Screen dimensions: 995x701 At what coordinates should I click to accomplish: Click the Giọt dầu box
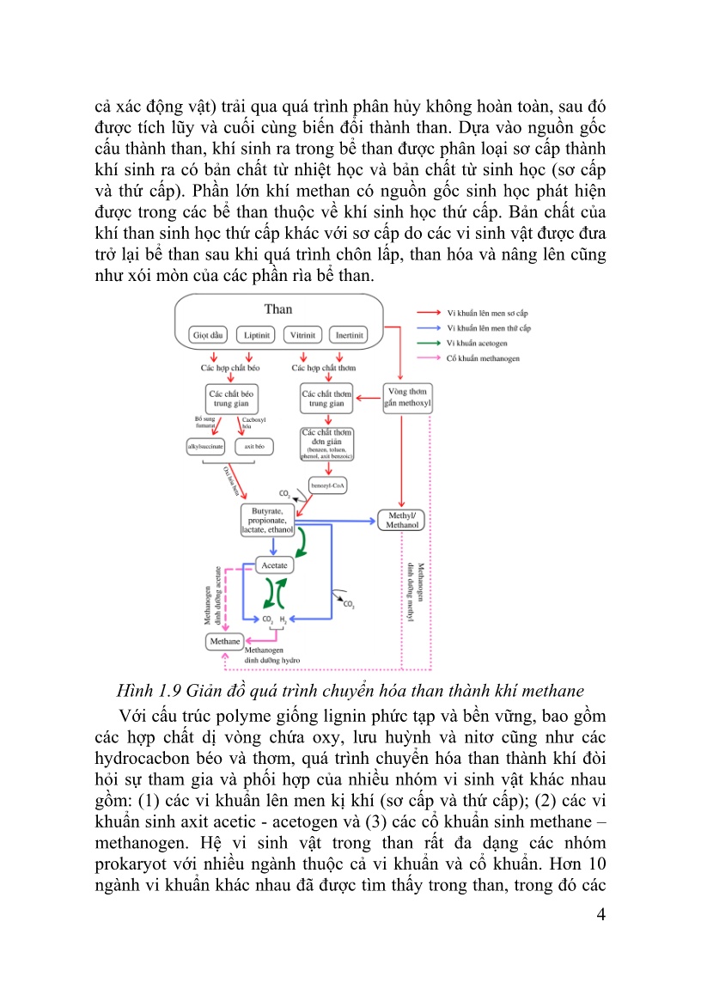click(x=209, y=334)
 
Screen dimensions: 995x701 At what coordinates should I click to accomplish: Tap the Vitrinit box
click(x=302, y=334)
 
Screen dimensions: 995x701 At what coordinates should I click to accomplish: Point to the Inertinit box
click(x=349, y=334)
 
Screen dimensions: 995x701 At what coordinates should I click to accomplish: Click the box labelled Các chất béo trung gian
click(x=232, y=398)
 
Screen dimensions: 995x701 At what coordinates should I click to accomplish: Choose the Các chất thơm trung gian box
click(x=326, y=398)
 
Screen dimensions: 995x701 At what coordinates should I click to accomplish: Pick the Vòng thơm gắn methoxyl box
click(x=407, y=398)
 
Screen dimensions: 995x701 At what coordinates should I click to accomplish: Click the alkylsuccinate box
click(x=206, y=446)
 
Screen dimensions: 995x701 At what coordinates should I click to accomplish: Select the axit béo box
click(x=253, y=446)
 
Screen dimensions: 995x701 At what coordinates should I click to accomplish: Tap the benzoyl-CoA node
click(x=327, y=485)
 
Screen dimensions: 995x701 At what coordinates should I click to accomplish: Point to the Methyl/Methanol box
click(x=402, y=520)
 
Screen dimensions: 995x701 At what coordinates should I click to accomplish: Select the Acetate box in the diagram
click(x=275, y=565)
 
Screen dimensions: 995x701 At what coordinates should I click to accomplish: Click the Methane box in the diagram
click(x=224, y=641)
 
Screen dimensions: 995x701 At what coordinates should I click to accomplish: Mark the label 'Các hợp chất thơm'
click(x=324, y=367)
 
